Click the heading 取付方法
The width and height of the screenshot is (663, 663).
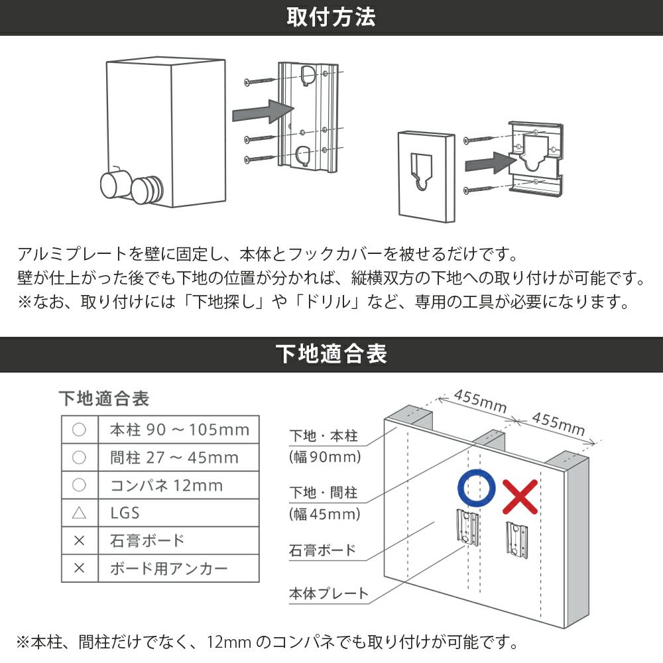tap(331, 17)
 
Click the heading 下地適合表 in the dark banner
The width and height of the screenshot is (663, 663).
tap(331, 354)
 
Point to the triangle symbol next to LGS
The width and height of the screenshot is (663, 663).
tap(79, 513)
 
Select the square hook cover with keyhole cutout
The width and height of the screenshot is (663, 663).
tap(426, 175)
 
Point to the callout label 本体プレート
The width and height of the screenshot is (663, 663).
tap(328, 593)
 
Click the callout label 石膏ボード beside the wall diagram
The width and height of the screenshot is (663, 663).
tap(322, 550)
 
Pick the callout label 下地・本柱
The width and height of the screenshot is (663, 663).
tap(324, 436)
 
